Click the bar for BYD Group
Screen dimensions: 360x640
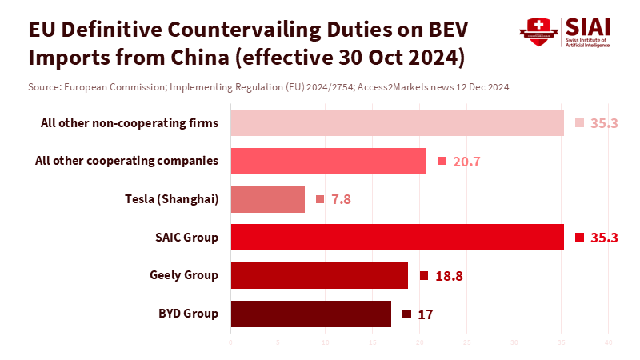tap(310, 314)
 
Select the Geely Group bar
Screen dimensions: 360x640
tap(319, 275)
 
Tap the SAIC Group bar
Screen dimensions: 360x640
tap(397, 238)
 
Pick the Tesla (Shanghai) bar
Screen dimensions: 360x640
tap(267, 199)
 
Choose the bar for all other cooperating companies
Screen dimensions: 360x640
tap(328, 161)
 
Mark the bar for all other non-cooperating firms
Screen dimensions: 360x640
tap(397, 123)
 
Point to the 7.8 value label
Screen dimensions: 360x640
tap(341, 199)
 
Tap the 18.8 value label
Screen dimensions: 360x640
tap(449, 276)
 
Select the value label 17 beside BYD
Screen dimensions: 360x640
tap(425, 314)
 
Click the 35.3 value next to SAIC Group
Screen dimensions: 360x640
tap(604, 238)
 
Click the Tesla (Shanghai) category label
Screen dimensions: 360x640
tap(172, 199)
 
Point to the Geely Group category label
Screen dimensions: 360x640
tap(184, 275)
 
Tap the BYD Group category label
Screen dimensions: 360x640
tap(188, 314)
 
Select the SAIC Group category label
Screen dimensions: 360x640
tap(186, 238)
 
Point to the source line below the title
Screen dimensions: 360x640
tap(269, 86)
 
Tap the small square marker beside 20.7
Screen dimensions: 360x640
tap(442, 161)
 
